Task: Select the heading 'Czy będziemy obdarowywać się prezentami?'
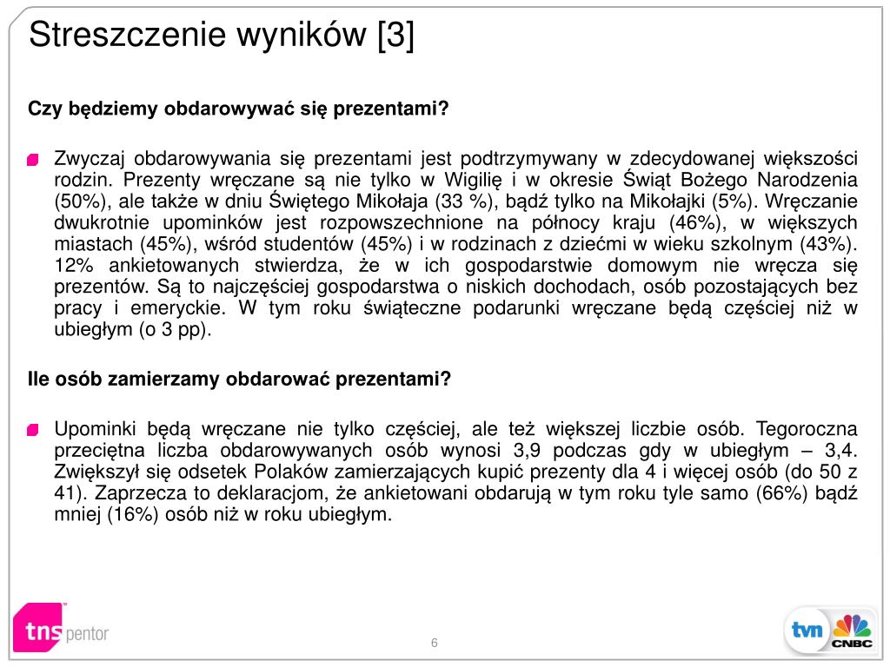coord(238,109)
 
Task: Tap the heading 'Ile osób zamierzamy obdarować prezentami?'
coord(240,380)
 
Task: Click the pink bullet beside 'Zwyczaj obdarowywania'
coord(34,160)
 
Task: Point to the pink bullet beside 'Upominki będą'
coord(34,430)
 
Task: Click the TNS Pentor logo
coord(61,627)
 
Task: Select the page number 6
coord(434,643)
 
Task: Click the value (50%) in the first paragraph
coord(80,201)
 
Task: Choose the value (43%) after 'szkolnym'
coord(824,244)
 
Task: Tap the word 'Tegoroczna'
coord(807,429)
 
